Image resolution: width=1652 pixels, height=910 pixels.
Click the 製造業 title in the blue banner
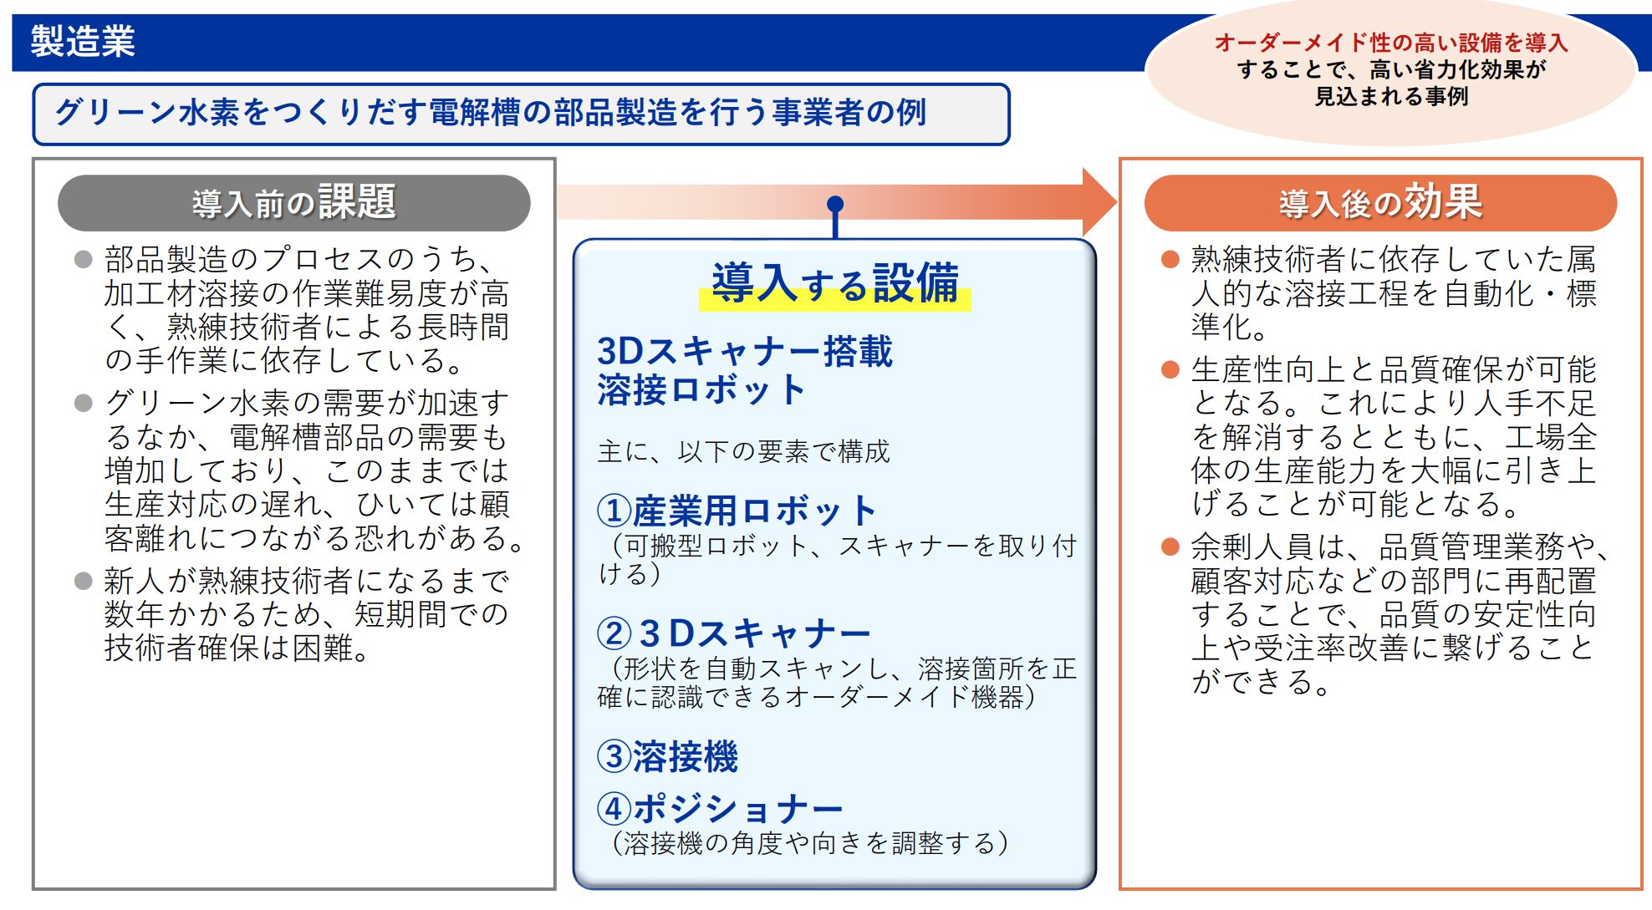pyautogui.click(x=83, y=41)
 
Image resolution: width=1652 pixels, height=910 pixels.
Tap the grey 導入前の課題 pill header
pyautogui.click(x=293, y=202)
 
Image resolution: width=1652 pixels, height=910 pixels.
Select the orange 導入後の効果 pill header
pyautogui.click(x=1380, y=202)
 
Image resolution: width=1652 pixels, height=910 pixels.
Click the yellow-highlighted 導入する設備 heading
pyautogui.click(x=835, y=283)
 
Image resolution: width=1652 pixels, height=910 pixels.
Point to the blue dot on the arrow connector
pyautogui.click(x=835, y=204)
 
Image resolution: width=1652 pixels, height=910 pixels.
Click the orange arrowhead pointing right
pyautogui.click(x=1099, y=202)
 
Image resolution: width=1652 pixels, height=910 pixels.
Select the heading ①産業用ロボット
pyautogui.click(x=737, y=510)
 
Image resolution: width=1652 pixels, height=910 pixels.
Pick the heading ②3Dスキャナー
pyautogui.click(x=734, y=633)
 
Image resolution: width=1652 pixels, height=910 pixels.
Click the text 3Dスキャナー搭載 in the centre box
pyautogui.click(x=745, y=351)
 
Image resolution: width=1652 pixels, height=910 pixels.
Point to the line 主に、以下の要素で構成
pyautogui.click(x=743, y=451)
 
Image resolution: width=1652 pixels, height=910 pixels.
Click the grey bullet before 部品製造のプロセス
pyautogui.click(x=83, y=259)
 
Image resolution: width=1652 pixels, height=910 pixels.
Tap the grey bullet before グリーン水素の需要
pyautogui.click(x=83, y=403)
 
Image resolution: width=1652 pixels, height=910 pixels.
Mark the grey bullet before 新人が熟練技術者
pyautogui.click(x=83, y=581)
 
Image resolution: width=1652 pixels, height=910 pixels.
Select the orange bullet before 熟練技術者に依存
pyautogui.click(x=1170, y=259)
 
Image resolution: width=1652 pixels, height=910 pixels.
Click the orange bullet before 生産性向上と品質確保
pyautogui.click(x=1170, y=369)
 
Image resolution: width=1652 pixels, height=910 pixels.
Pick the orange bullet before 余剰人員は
pyautogui.click(x=1170, y=547)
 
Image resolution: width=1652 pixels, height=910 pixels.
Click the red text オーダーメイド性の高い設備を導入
pyautogui.click(x=1391, y=42)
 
